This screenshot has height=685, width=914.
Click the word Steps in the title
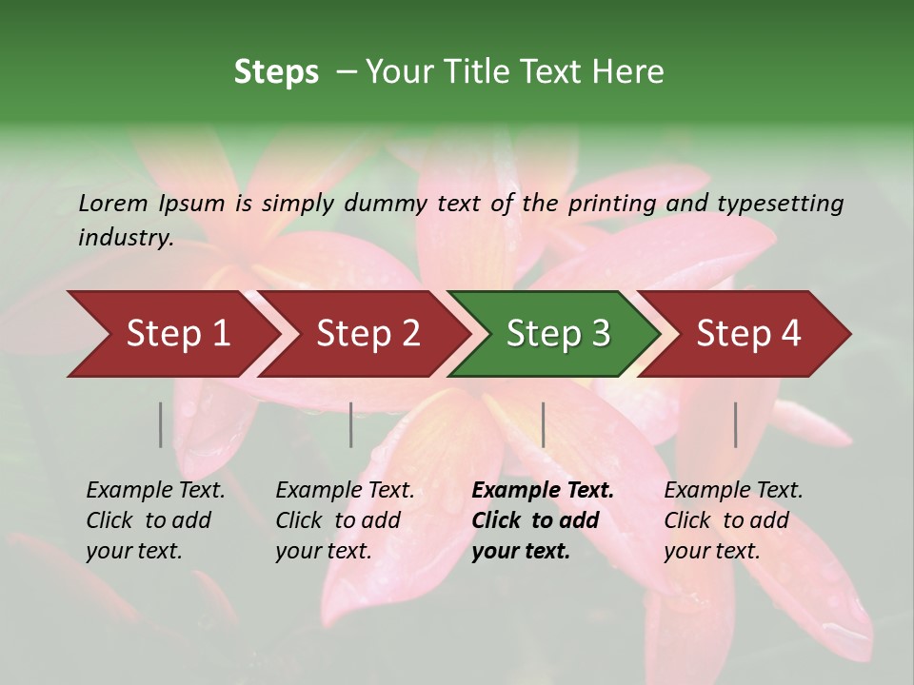tap(276, 72)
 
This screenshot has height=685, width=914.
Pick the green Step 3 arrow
tap(558, 334)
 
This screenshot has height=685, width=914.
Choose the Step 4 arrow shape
tap(748, 334)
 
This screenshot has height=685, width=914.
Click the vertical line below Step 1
tap(161, 424)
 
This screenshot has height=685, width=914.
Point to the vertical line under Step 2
tap(351, 424)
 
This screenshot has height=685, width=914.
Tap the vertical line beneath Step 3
tap(543, 424)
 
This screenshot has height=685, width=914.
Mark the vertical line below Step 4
tap(736, 424)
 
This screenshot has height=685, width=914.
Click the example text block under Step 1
tap(155, 520)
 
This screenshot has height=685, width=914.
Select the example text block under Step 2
tap(345, 520)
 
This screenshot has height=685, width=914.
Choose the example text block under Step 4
tap(733, 520)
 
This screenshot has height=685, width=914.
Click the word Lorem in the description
tap(113, 204)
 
